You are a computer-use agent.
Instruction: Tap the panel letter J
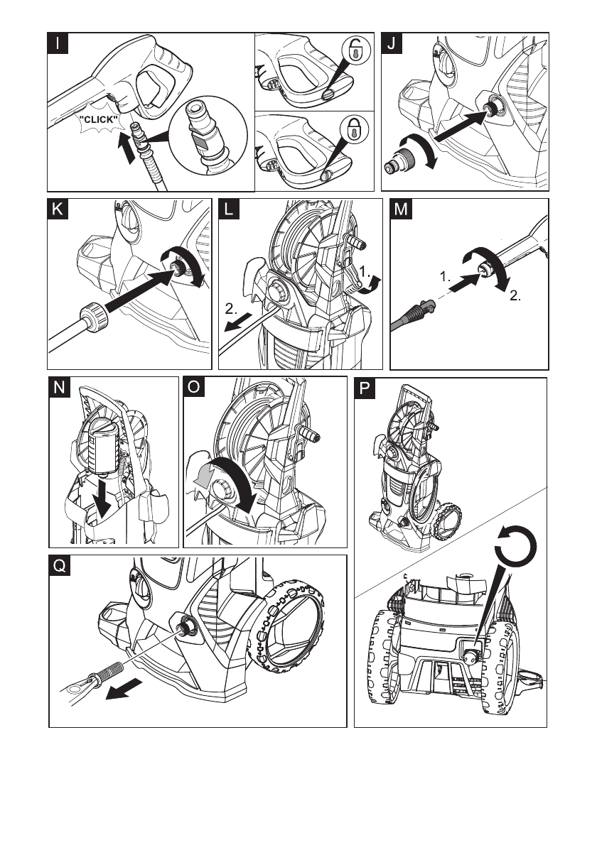[392, 43]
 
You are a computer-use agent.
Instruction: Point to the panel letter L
[230, 209]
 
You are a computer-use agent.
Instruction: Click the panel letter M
[402, 209]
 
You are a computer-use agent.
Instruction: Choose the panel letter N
[59, 388]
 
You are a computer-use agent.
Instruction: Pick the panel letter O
[193, 388]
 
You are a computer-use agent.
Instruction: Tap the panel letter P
[365, 389]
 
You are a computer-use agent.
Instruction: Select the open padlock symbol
[353, 51]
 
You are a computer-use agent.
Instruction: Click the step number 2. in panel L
[231, 310]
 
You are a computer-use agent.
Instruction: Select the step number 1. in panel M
[445, 278]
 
